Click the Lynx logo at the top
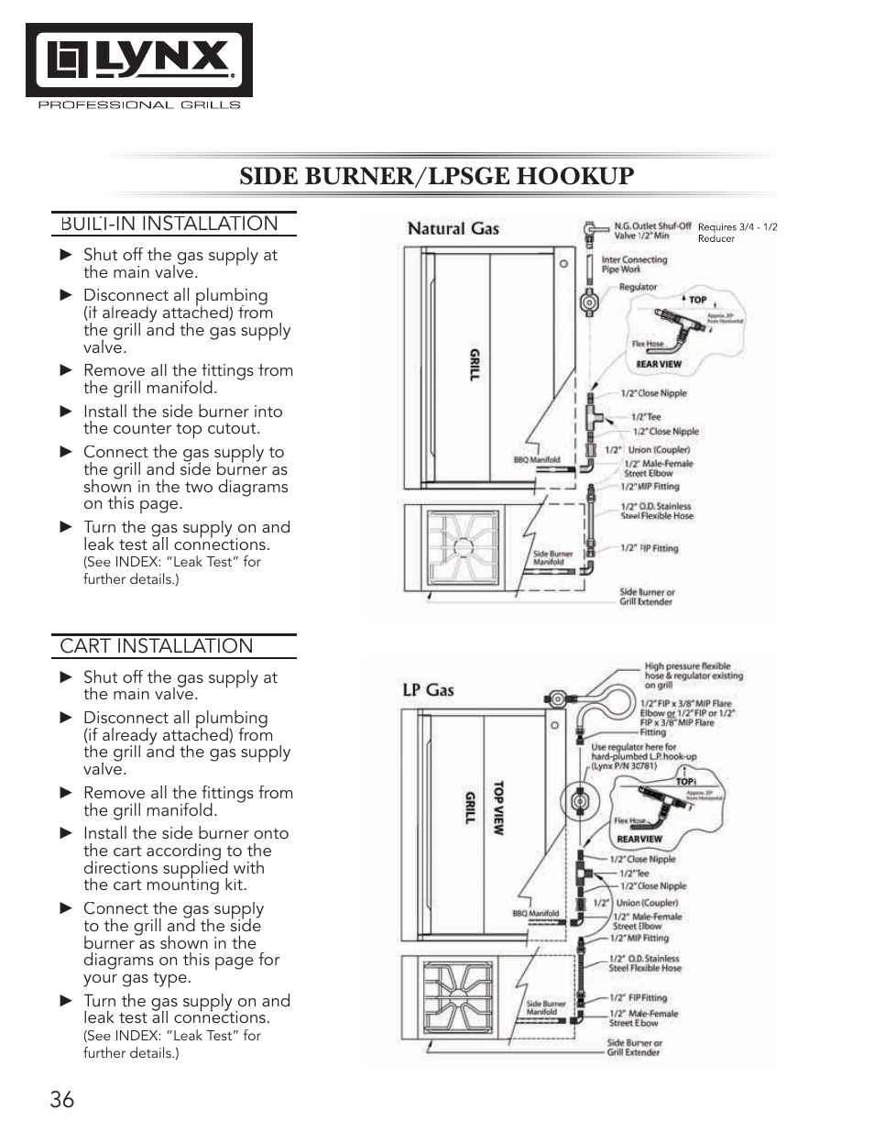pyautogui.click(x=139, y=60)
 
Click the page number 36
pyautogui.click(x=62, y=1099)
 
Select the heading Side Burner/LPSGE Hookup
pyautogui.click(x=436, y=176)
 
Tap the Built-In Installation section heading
pyautogui.click(x=169, y=224)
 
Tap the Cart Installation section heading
pyautogui.click(x=157, y=646)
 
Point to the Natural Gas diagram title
pyautogui.click(x=453, y=229)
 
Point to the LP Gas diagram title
pyautogui.click(x=428, y=690)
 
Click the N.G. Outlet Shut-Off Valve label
pyautogui.click(x=651, y=230)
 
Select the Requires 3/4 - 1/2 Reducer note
pyautogui.click(x=737, y=233)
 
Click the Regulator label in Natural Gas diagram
pyautogui.click(x=638, y=287)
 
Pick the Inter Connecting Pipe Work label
pyautogui.click(x=634, y=264)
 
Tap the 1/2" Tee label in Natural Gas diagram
pyautogui.click(x=646, y=416)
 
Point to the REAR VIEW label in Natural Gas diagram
pyautogui.click(x=659, y=364)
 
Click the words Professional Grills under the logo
pyautogui.click(x=138, y=105)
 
